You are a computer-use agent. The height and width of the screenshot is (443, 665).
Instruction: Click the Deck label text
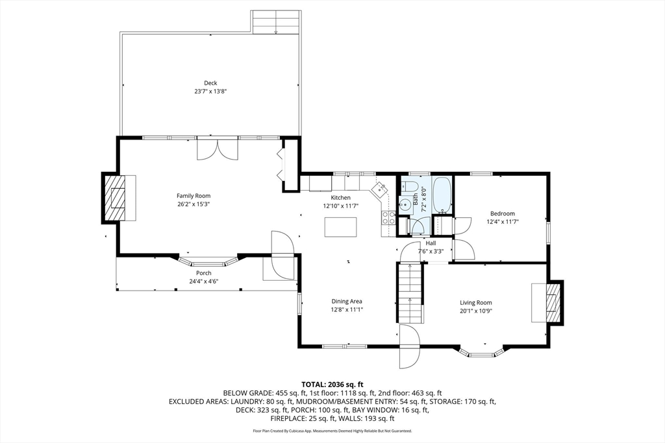(210, 83)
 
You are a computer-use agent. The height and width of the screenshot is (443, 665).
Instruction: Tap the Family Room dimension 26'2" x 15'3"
(194, 204)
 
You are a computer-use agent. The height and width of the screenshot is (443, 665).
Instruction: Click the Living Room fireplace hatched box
(554, 303)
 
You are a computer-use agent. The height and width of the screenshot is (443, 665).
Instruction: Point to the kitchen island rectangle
(341, 227)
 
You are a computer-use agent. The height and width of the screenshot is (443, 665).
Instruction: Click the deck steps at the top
(276, 22)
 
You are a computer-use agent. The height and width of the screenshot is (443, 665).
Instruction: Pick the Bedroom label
(502, 213)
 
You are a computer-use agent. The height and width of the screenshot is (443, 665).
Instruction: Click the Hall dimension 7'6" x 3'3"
(431, 252)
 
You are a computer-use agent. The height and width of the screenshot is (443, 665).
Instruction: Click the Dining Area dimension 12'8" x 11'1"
(346, 310)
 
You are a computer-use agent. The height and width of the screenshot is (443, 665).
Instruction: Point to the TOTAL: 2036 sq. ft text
(332, 384)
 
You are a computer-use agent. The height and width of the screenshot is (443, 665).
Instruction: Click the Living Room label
(476, 302)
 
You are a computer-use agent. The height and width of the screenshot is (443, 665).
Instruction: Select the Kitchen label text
(340, 198)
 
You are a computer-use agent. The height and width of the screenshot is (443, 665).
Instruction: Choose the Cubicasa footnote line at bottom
(332, 431)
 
